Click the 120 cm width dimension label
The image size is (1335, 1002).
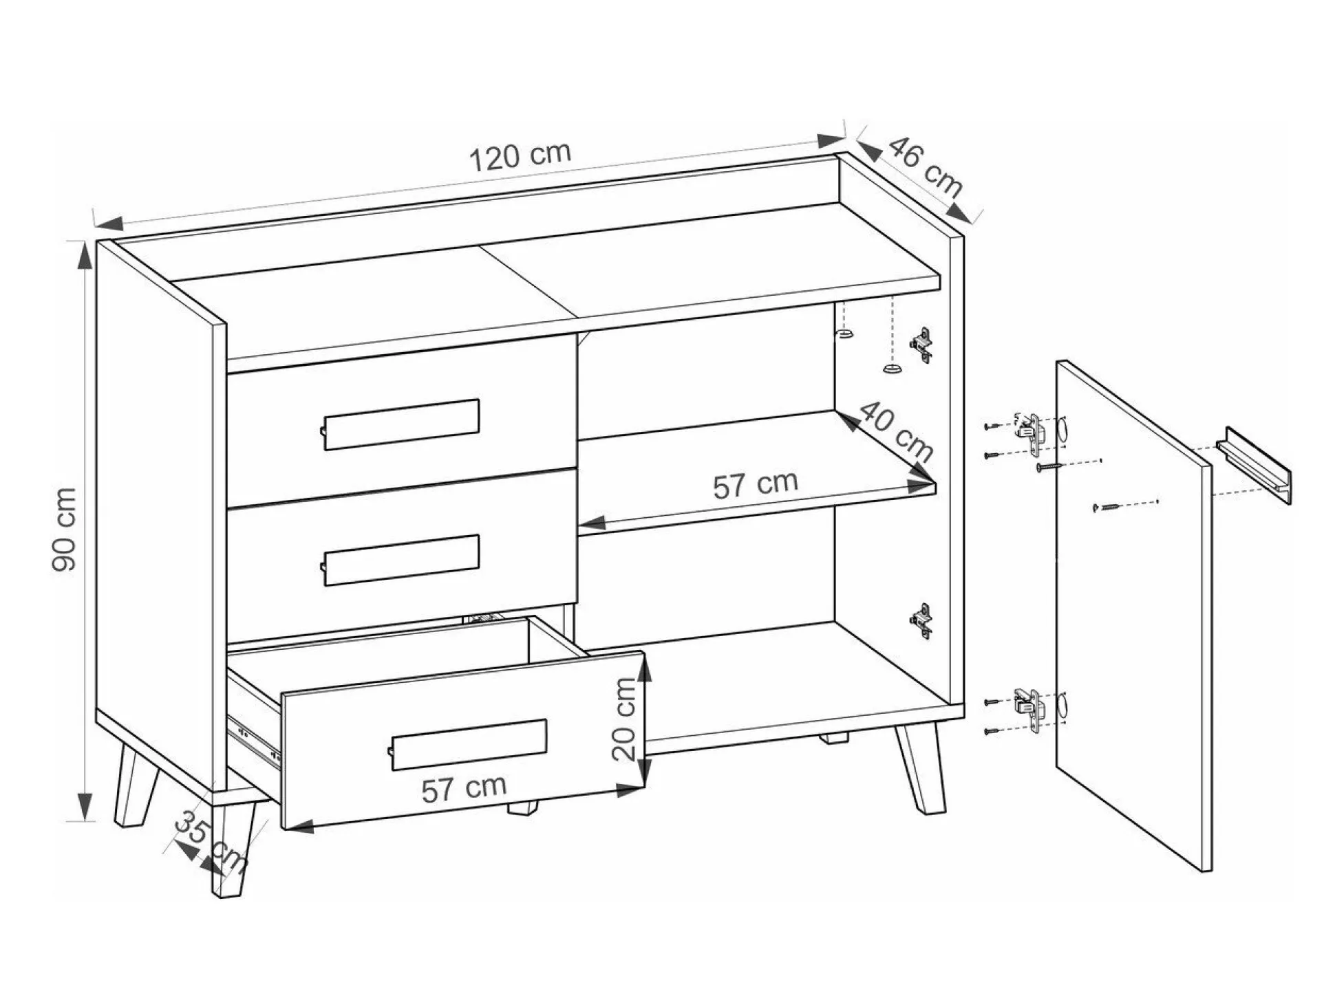pos(520,157)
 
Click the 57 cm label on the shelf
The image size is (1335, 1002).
pos(755,484)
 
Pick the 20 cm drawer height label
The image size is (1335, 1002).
pos(625,719)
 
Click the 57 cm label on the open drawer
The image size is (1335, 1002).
pos(464,788)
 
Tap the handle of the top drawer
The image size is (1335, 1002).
pos(400,424)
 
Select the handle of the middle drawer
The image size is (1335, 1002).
pos(400,560)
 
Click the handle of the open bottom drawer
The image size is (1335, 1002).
pos(468,745)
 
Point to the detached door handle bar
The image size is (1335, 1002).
pos(1254,466)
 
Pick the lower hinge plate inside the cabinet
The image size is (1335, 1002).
pos(921,621)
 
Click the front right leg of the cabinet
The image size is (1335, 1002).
pos(921,770)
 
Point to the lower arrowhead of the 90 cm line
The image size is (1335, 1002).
pos(85,807)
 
